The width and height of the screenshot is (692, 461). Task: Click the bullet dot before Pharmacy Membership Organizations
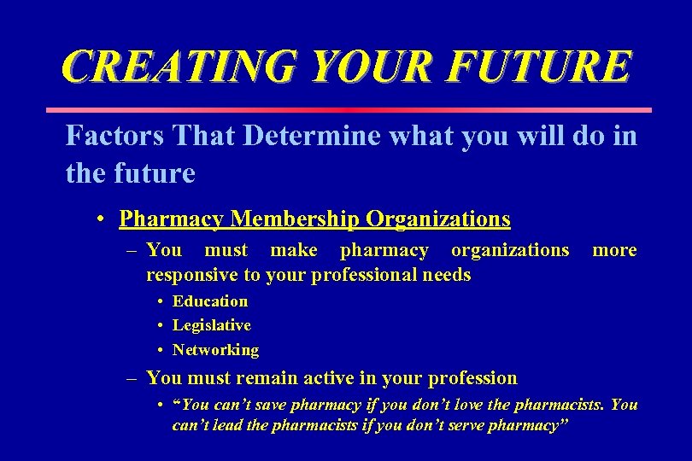click(x=101, y=219)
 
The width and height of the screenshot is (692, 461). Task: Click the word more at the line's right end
click(x=614, y=250)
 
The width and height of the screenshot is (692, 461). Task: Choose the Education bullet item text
click(x=210, y=301)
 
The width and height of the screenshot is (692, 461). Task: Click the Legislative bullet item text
click(x=211, y=325)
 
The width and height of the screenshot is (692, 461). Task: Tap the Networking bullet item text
click(x=215, y=350)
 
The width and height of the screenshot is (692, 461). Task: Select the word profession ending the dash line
click(x=473, y=378)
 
